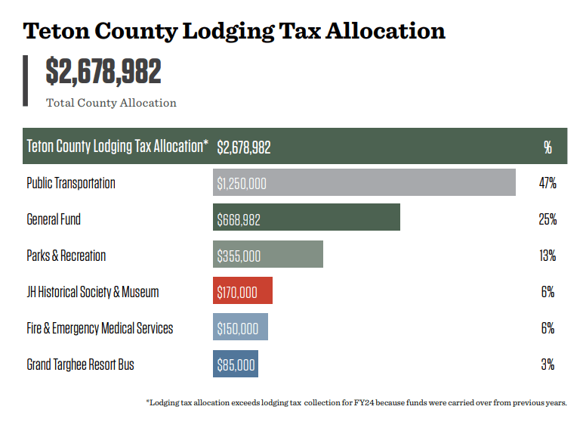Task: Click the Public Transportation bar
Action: (364, 183)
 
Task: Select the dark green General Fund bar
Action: (306, 219)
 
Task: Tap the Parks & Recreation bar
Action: (267, 256)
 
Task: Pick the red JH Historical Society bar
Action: (242, 292)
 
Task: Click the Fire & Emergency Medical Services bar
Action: (240, 328)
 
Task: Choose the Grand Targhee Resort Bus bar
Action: (236, 365)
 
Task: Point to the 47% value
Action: (548, 183)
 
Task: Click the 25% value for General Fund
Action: (548, 219)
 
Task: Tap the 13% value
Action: (548, 256)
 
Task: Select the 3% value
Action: (548, 365)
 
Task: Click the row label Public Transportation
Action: (71, 183)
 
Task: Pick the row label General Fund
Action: (54, 219)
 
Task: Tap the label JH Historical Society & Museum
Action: (93, 292)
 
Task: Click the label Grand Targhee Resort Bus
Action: (80, 365)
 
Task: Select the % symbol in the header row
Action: (548, 147)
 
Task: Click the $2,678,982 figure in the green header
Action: (243, 147)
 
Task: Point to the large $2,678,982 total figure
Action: (103, 72)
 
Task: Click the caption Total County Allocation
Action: (111, 103)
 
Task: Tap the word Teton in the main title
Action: (55, 31)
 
